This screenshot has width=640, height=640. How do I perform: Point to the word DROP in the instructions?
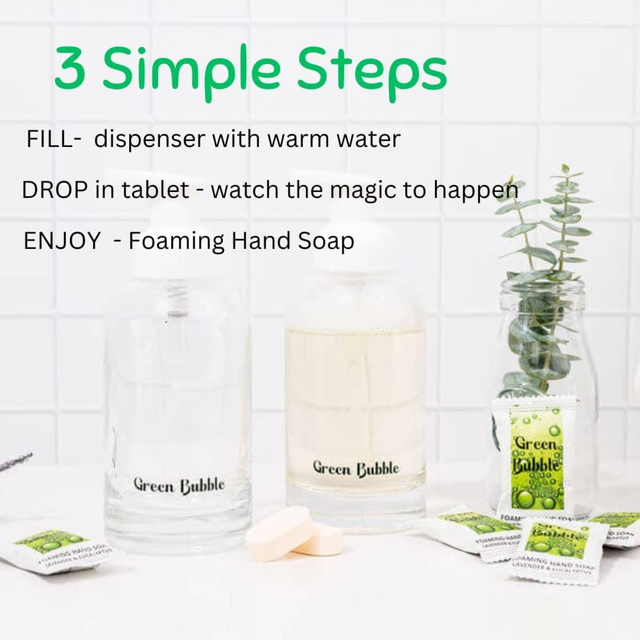(x=50, y=190)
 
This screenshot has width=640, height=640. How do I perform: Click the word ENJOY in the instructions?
(x=62, y=241)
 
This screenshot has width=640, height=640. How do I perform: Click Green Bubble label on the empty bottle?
(x=179, y=485)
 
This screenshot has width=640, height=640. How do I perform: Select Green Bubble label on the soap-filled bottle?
(x=356, y=468)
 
